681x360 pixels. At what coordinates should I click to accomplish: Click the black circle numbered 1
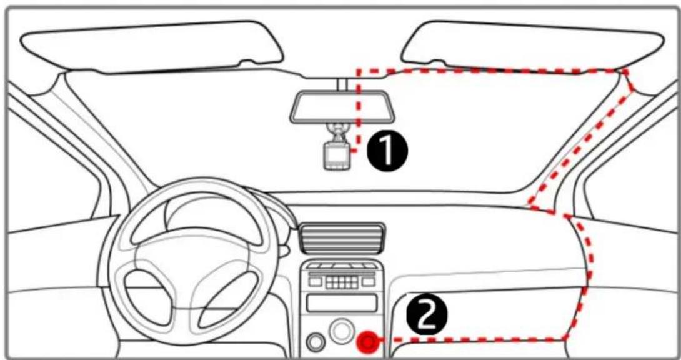click(x=388, y=152)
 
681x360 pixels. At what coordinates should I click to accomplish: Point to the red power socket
click(x=367, y=342)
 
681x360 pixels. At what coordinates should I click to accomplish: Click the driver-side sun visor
click(x=152, y=46)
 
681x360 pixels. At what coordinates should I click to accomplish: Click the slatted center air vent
click(x=342, y=237)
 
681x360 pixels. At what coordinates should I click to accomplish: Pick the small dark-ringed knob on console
click(x=315, y=342)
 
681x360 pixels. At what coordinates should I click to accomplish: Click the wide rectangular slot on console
click(x=342, y=302)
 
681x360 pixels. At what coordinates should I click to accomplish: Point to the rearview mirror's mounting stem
click(x=342, y=84)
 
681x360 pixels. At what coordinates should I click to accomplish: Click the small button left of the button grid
click(x=316, y=282)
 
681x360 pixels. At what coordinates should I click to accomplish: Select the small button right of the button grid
click(x=368, y=282)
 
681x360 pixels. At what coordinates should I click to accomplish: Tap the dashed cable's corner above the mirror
click(x=359, y=70)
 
